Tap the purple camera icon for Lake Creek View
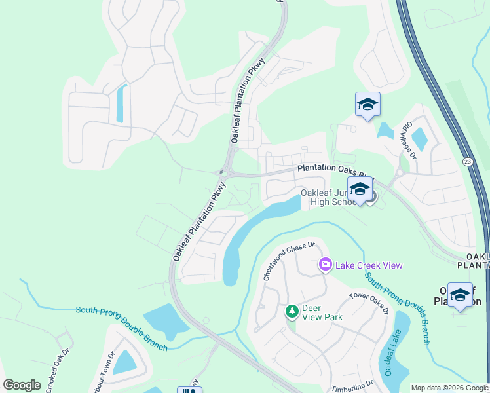pyautogui.click(x=325, y=265)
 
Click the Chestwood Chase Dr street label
pyautogui.click(x=289, y=261)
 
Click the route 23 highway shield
pyautogui.click(x=466, y=160)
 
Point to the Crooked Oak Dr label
pyautogui.click(x=52, y=371)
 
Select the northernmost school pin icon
pyautogui.click(x=367, y=105)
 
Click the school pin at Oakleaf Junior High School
pyautogui.click(x=359, y=190)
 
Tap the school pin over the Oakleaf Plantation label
pyautogui.click(x=460, y=295)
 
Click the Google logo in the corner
pyautogui.click(x=22, y=385)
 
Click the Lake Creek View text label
pyautogui.click(x=369, y=265)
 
